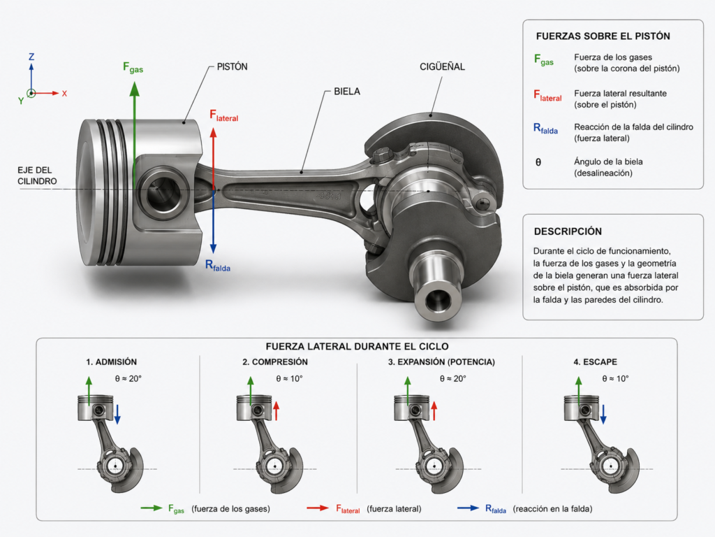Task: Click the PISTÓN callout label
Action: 232,66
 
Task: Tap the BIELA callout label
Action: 347,92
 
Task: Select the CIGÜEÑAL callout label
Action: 442,66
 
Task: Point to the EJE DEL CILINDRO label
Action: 38,176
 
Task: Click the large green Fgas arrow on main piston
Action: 134,136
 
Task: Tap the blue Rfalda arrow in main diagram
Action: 213,222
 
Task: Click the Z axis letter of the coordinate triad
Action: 31,57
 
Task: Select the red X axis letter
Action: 64,94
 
